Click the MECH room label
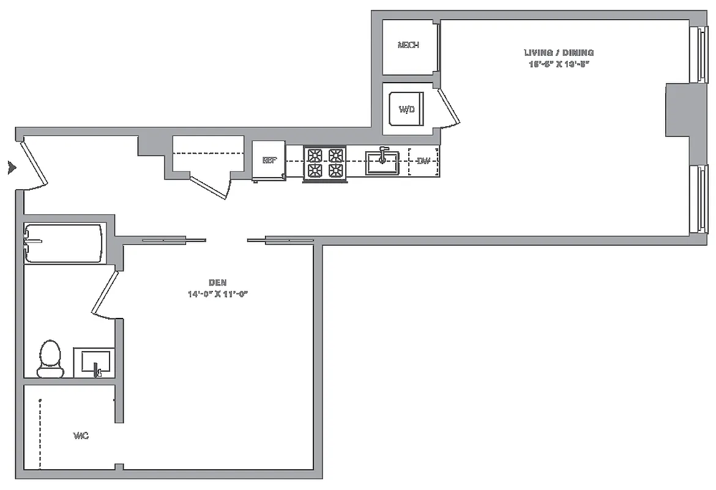(408, 45)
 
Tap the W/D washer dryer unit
(407, 110)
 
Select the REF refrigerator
(269, 160)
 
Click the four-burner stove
(326, 163)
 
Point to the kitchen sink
(382, 162)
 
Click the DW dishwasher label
(423, 162)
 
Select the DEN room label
(218, 282)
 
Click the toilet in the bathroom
(50, 359)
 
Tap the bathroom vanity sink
(93, 363)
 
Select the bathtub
(63, 244)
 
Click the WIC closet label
(81, 436)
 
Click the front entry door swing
(34, 164)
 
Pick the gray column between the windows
(677, 111)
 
